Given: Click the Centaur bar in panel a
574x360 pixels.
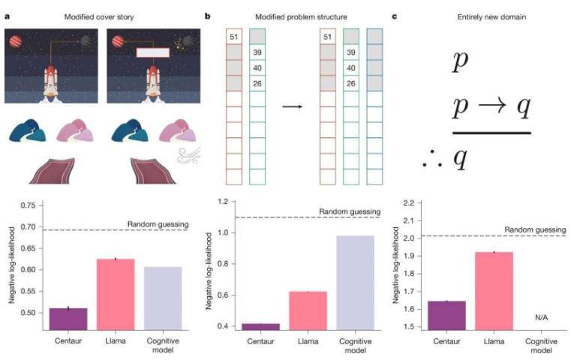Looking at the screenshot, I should point(68,318).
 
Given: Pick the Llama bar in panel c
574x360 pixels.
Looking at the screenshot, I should point(491,290).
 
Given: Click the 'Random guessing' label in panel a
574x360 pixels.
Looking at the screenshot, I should point(158,223).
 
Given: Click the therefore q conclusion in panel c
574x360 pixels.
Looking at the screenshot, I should point(453,158).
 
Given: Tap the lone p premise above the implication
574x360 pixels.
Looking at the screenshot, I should point(460,61).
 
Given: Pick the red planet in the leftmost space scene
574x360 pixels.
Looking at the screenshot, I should point(15,41).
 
